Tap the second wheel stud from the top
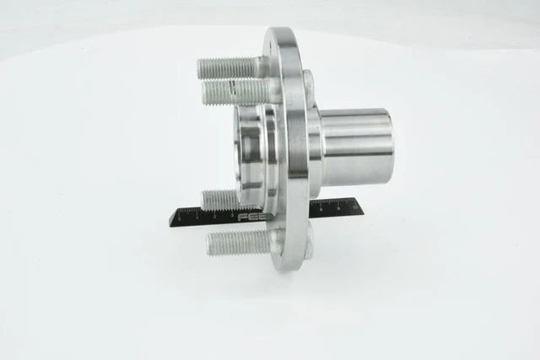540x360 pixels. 236,90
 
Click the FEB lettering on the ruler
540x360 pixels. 251,217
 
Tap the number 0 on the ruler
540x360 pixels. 180,218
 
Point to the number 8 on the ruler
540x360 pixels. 321,208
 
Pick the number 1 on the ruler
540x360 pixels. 197,218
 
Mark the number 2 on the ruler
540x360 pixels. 213,217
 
